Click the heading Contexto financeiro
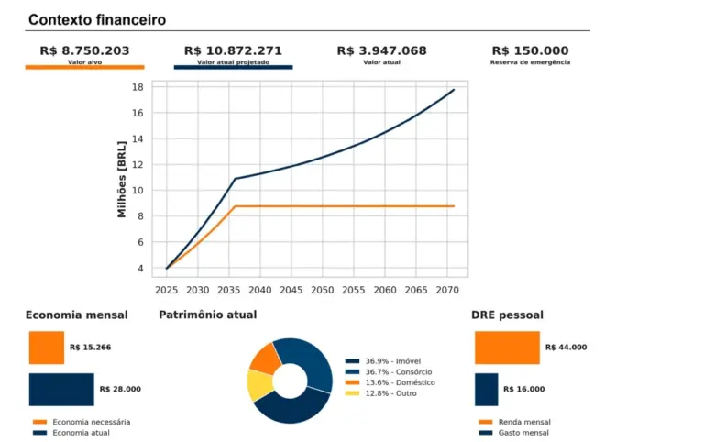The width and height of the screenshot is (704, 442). coord(97,19)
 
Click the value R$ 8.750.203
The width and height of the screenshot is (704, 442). coord(84,50)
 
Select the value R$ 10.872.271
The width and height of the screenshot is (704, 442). coord(233,50)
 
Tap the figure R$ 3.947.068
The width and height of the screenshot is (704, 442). coord(381,50)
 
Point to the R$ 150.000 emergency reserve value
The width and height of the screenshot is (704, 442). coord(530,50)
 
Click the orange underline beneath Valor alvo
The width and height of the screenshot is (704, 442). coord(84,67)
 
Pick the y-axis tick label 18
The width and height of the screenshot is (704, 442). coord(137,87)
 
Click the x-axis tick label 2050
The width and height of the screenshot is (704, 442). coord(322,290)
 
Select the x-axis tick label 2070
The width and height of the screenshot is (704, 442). coord(446,290)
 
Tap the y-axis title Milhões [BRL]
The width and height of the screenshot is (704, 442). coord(122,179)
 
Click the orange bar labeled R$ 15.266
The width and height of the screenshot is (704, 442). coord(47,348)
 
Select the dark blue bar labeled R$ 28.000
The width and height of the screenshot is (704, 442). coord(61,389)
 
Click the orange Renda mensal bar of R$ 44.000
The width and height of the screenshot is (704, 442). coord(507,348)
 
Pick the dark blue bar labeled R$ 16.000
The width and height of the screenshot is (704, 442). coord(487,389)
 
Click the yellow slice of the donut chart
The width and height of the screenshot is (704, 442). coord(259,385)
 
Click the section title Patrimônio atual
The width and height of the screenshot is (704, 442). coord(208,315)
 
